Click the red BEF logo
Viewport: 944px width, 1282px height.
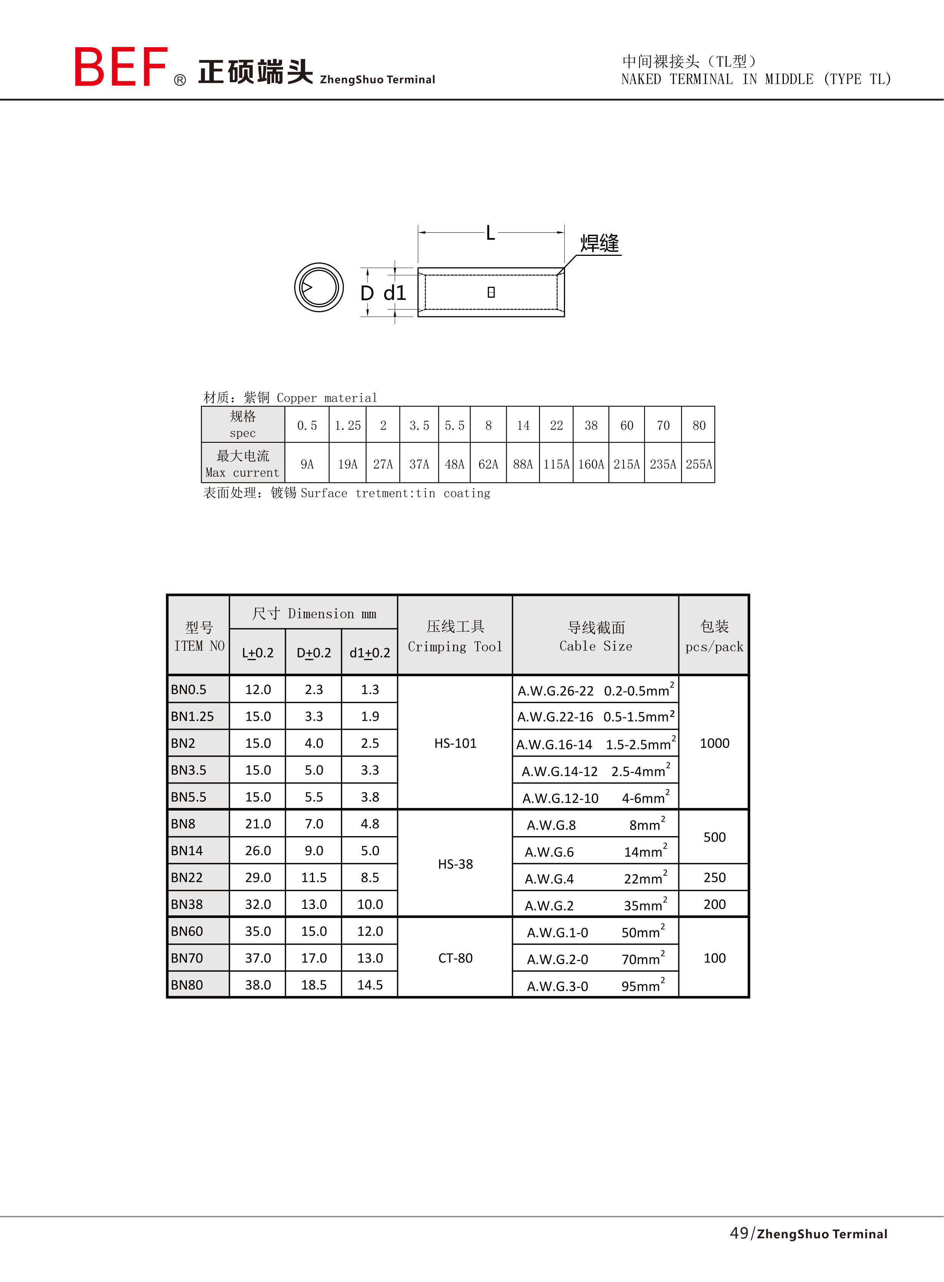[x=121, y=67]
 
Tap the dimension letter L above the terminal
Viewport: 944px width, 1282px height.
[x=490, y=233]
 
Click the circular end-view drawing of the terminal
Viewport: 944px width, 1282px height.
[x=319, y=287]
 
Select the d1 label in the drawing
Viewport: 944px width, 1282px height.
[x=394, y=293]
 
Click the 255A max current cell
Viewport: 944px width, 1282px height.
[x=698, y=464]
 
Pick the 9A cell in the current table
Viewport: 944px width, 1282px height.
[x=307, y=464]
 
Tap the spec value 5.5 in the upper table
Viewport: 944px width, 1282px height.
[x=454, y=425]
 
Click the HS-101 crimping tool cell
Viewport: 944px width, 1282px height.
[x=455, y=743]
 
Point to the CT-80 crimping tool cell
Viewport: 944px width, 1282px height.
[x=455, y=958]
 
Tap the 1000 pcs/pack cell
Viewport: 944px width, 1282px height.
[x=714, y=743]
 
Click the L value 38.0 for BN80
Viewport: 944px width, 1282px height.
[x=258, y=985]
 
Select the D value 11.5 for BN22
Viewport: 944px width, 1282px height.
[x=314, y=877]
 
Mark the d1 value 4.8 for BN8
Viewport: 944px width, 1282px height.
[x=370, y=824]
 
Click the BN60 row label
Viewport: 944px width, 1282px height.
[x=187, y=931]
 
